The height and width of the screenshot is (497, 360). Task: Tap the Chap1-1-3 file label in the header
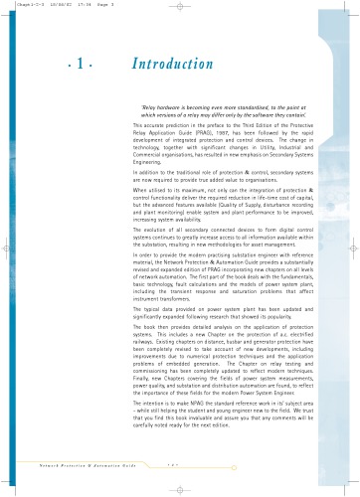tap(20, 5)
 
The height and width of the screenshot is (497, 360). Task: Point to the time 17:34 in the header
tap(70, 5)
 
